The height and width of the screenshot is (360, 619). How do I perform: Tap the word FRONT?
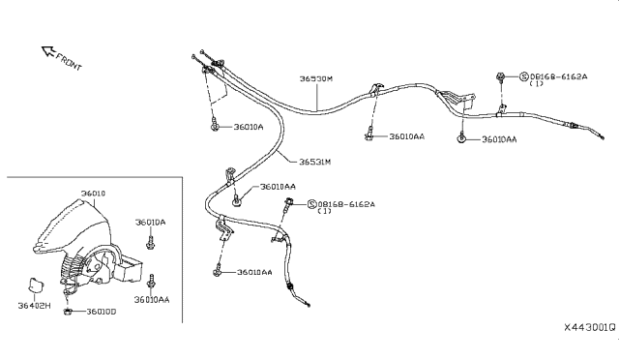[69, 62]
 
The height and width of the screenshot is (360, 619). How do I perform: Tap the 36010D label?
[101, 312]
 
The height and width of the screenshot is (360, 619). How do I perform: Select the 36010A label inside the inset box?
[150, 222]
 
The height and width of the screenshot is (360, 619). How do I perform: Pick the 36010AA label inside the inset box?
[152, 300]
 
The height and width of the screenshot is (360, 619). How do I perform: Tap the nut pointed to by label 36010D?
[67, 311]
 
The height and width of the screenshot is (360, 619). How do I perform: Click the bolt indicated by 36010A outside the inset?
[213, 126]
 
